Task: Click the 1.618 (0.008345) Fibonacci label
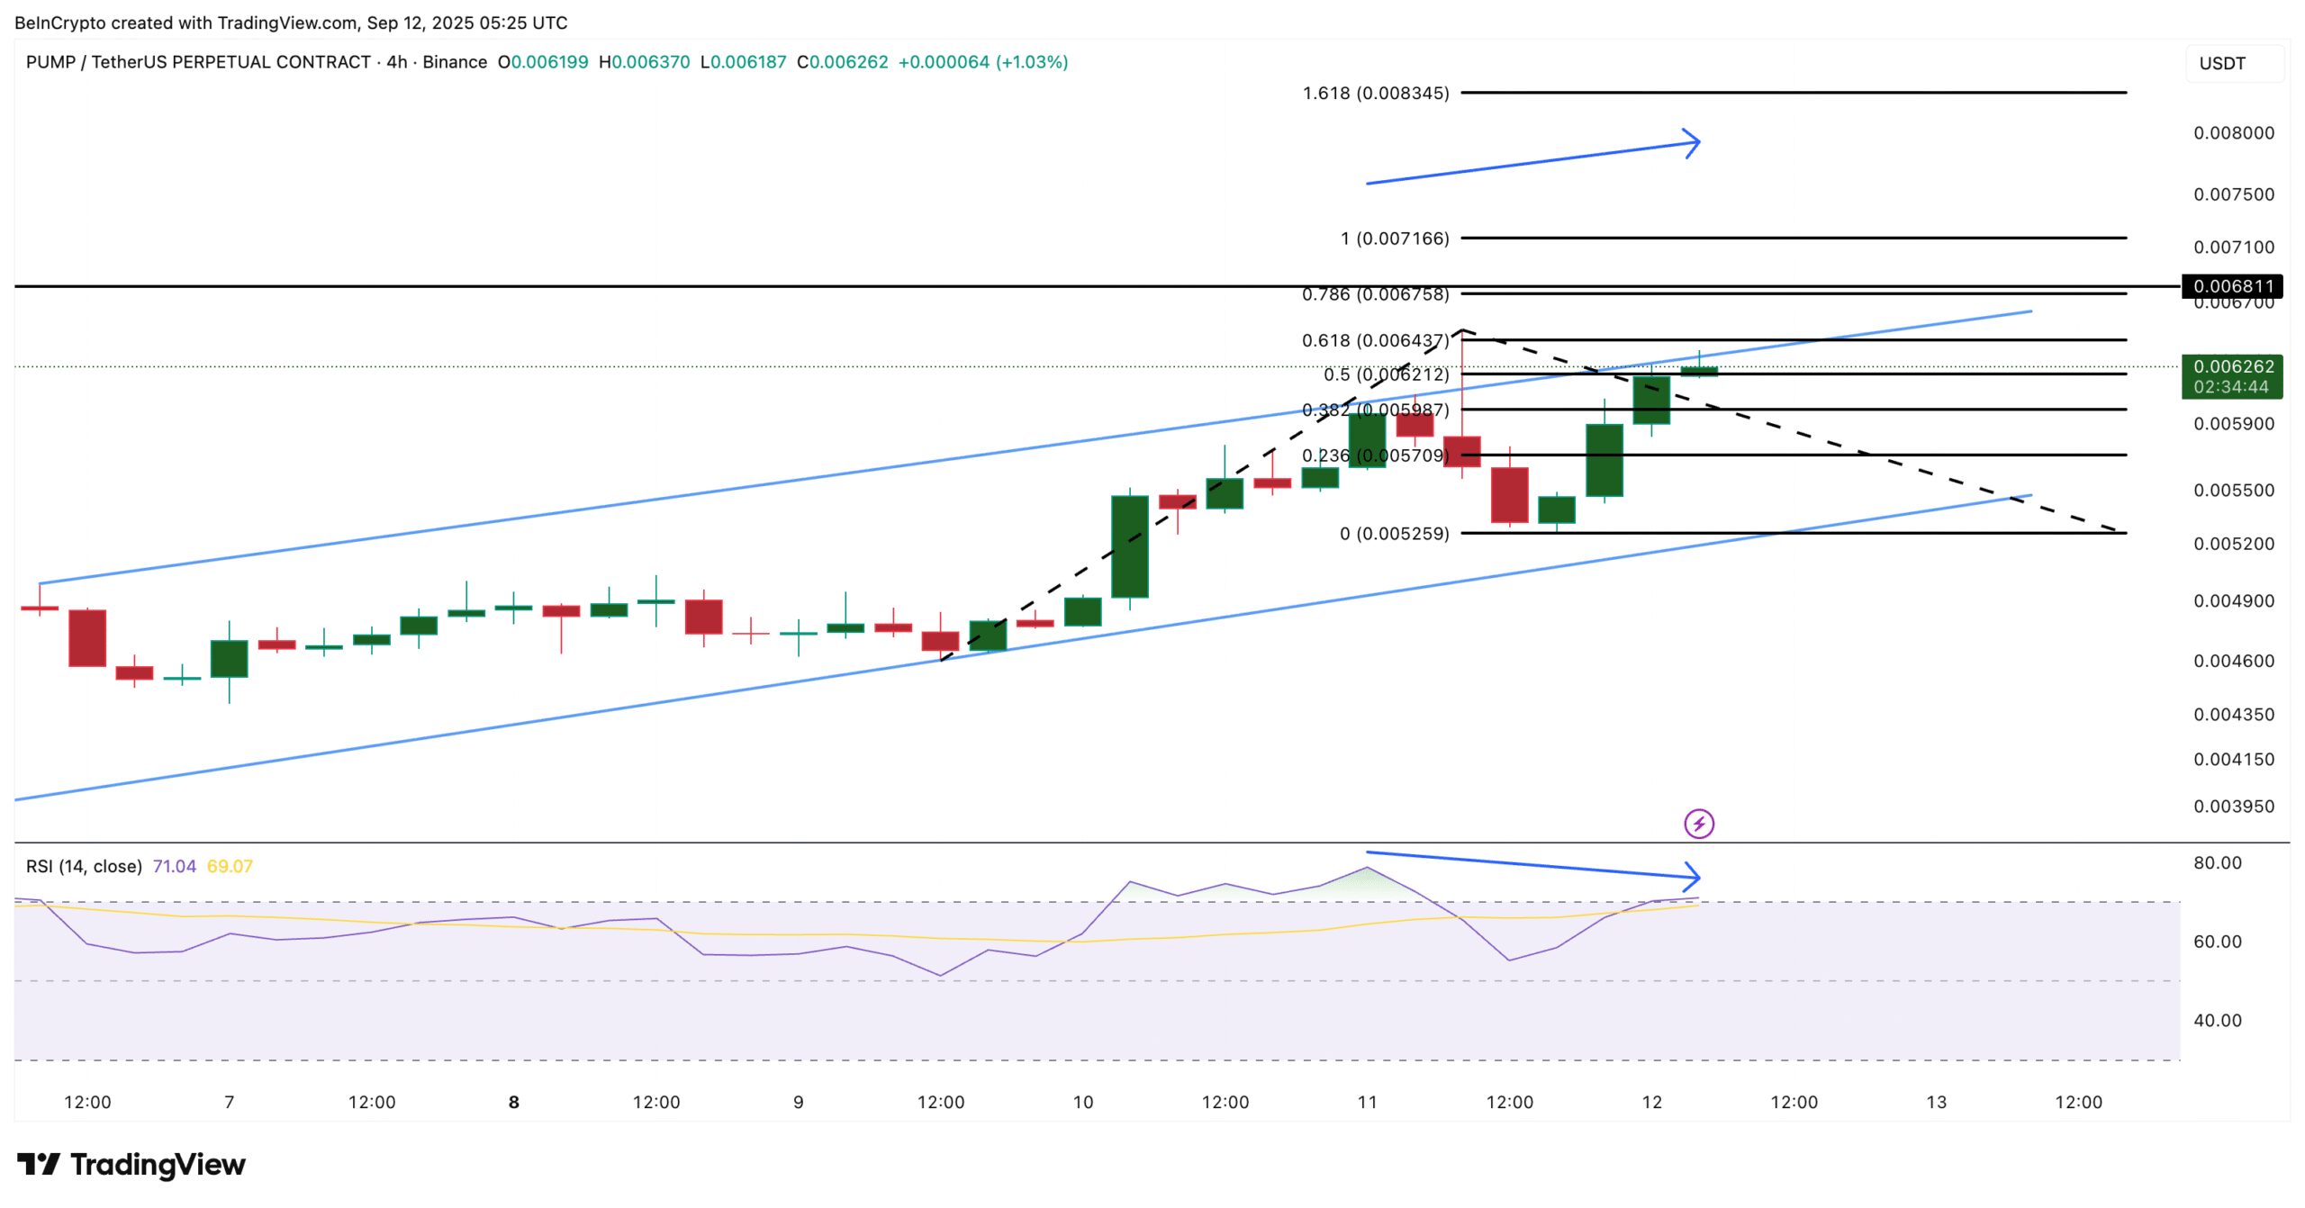(1375, 93)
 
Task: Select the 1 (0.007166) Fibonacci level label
(1394, 239)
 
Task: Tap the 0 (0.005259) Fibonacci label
(1394, 534)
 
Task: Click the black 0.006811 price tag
(2232, 286)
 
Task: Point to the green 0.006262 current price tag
(2232, 376)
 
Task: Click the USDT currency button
(2222, 63)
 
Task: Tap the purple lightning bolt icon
(1699, 824)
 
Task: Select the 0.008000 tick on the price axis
(2233, 133)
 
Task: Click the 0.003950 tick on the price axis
(2233, 807)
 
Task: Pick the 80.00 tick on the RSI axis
(2217, 863)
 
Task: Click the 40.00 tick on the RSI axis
(2217, 1021)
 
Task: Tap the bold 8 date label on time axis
(514, 1102)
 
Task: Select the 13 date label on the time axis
(1936, 1102)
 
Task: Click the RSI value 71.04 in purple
(174, 866)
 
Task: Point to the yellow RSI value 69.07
(230, 866)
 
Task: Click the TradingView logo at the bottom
(131, 1165)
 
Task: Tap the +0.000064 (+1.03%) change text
(982, 62)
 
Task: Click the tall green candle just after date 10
(1129, 546)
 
